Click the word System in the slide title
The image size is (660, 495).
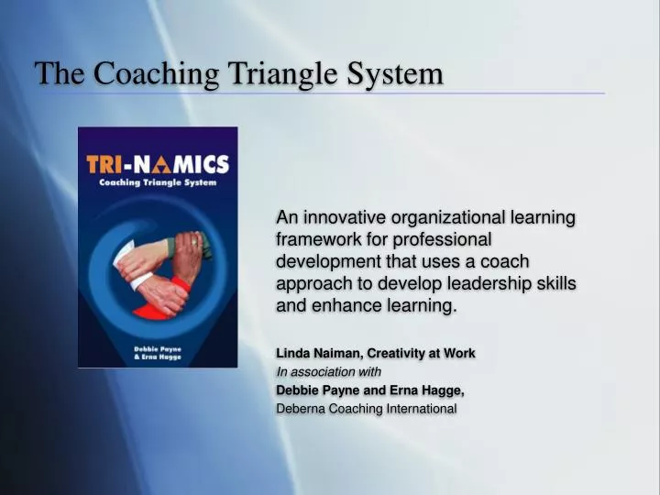click(x=395, y=73)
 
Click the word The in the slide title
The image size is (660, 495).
click(x=57, y=73)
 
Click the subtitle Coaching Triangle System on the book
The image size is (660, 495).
click(x=157, y=183)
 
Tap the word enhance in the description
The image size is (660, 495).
click(x=340, y=305)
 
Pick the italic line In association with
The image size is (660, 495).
click(x=328, y=371)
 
